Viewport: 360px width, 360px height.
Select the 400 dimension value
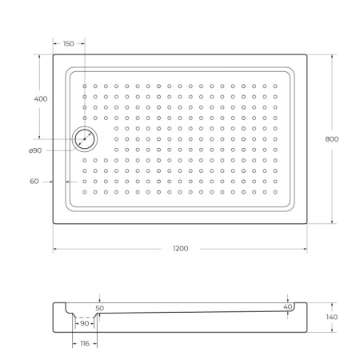click(40, 98)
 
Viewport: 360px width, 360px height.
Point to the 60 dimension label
click(34, 182)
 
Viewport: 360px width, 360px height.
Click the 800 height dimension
click(332, 138)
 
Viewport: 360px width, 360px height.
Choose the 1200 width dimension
click(181, 249)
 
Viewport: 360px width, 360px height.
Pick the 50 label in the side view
click(99, 307)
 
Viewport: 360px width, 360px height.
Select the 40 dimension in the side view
click(287, 306)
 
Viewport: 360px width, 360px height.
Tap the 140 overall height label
click(332, 318)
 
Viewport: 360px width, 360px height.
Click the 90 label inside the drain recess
click(85, 323)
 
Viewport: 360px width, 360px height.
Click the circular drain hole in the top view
click(84, 139)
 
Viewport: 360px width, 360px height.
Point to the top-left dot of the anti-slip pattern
click(85, 86)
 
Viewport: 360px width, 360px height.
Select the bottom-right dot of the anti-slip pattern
click(275, 191)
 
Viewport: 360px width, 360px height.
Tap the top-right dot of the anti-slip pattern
click(275, 86)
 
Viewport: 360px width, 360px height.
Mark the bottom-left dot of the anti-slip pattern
click(85, 191)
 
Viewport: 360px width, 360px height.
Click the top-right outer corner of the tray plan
click(307, 54)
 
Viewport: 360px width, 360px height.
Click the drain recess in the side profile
click(85, 318)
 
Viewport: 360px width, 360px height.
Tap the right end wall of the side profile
click(302, 318)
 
